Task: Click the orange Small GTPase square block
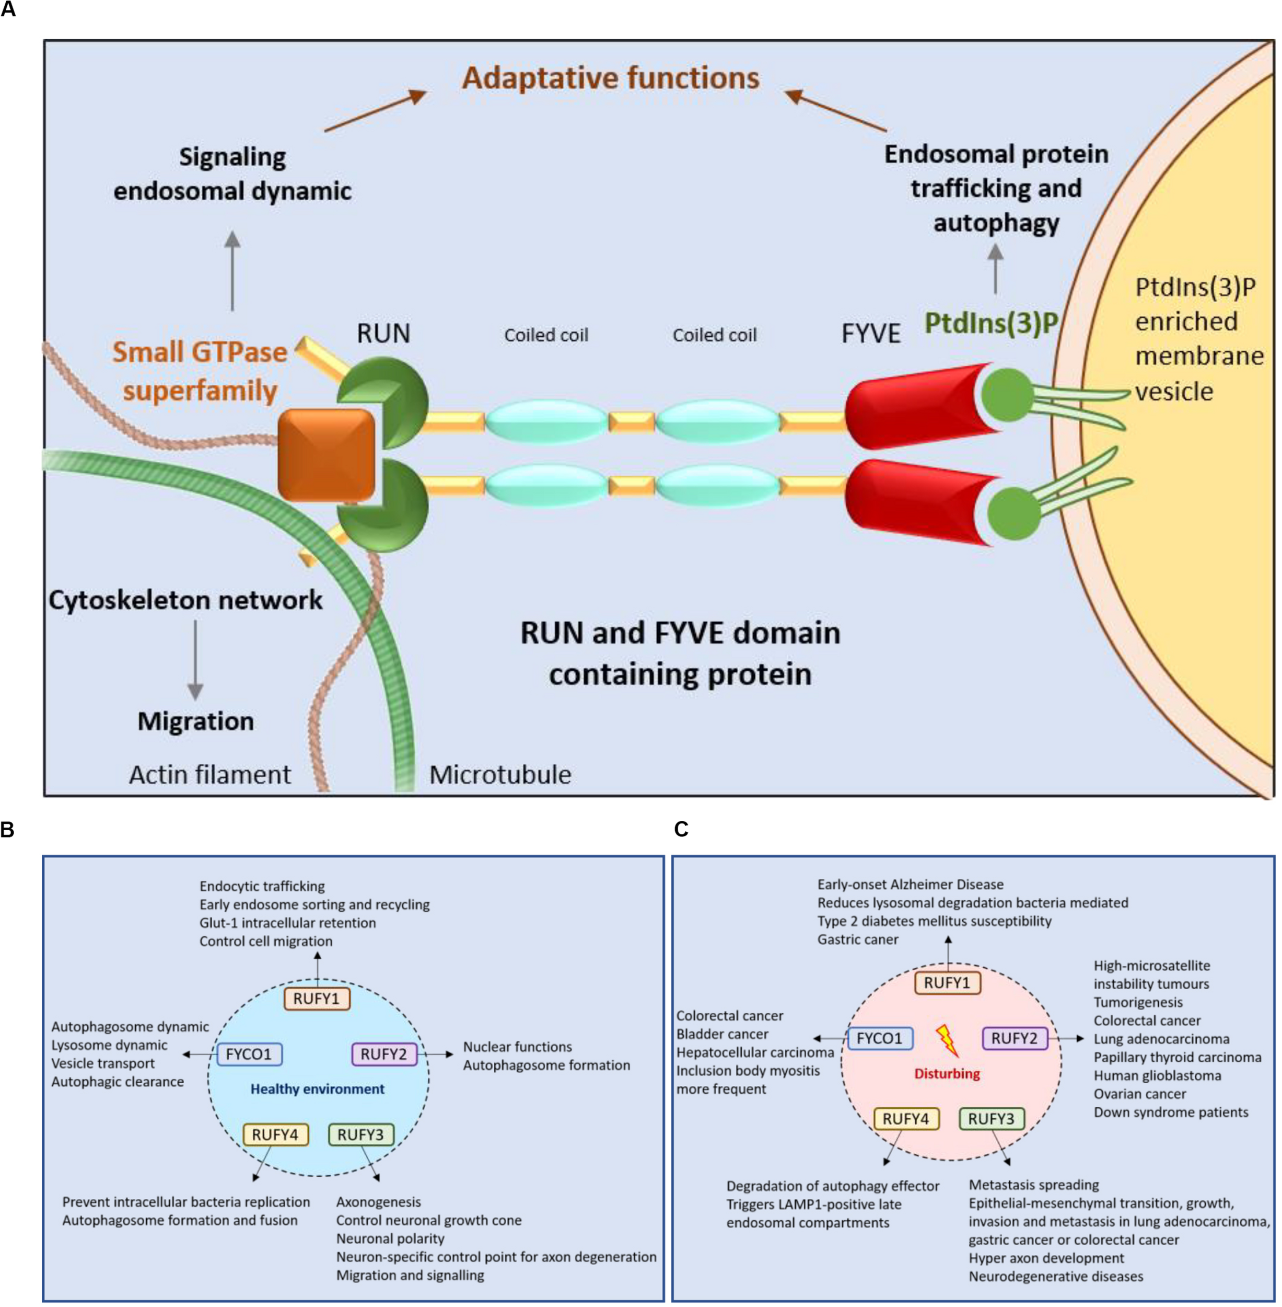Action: tap(327, 454)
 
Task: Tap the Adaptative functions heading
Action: tap(610, 78)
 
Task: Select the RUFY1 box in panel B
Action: tap(317, 999)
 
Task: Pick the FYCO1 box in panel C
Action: tap(879, 1038)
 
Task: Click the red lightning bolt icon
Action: tap(947, 1040)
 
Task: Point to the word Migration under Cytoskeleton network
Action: tap(195, 721)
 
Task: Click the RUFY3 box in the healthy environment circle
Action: tap(360, 1134)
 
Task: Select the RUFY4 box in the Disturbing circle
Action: tap(906, 1118)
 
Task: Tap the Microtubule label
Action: tap(500, 775)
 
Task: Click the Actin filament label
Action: tap(209, 775)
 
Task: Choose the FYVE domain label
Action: tap(871, 334)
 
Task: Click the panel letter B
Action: tap(7, 829)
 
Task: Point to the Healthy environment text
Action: tap(317, 1088)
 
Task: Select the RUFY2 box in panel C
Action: tap(1014, 1038)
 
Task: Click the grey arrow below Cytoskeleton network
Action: tap(195, 660)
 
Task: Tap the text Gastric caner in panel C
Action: tap(857, 939)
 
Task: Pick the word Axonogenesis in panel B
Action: tap(378, 1202)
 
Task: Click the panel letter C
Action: tap(681, 829)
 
